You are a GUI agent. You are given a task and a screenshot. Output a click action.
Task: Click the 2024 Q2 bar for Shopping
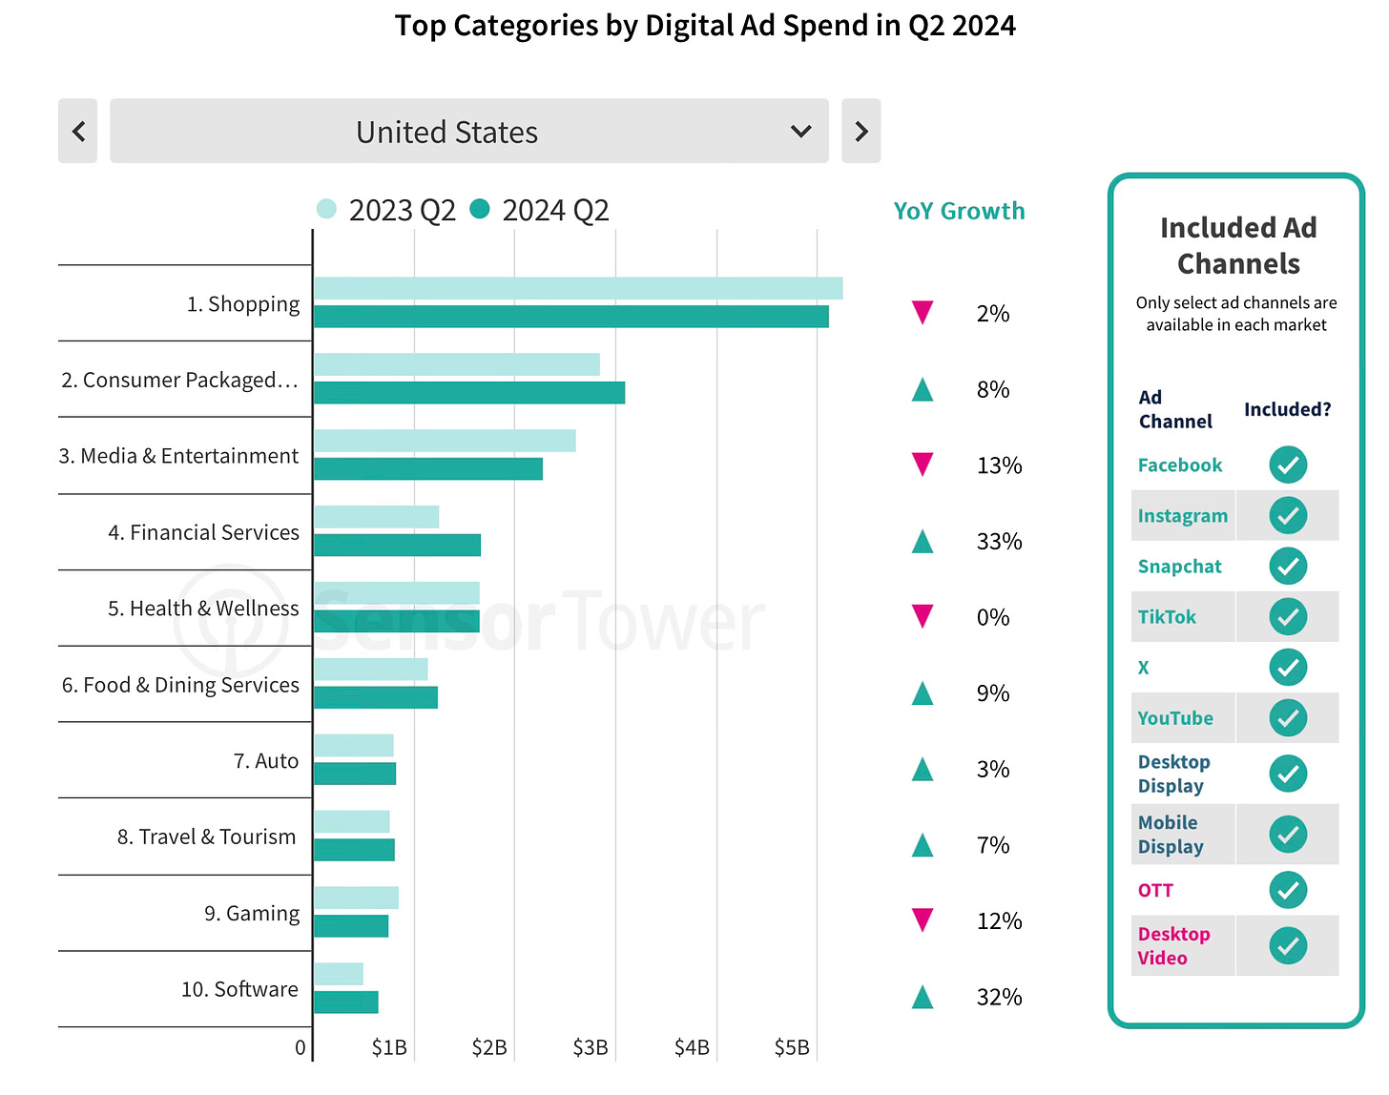[570, 317]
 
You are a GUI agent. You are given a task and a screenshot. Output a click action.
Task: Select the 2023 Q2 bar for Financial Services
[376, 517]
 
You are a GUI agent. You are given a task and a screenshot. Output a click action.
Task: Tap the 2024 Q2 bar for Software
[345, 1002]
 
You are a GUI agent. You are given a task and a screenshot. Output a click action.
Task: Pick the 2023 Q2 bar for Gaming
[356, 898]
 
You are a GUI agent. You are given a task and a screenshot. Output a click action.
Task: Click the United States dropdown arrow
[801, 132]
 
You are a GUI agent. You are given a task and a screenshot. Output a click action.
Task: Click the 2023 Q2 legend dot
[326, 209]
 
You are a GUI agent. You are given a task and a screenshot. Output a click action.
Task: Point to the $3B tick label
[591, 1047]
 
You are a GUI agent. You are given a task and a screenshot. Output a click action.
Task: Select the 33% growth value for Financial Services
[999, 542]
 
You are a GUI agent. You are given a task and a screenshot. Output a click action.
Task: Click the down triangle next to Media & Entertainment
[923, 465]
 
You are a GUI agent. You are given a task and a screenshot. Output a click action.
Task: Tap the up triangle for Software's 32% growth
[923, 998]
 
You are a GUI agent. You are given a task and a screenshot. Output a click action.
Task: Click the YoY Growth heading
[959, 211]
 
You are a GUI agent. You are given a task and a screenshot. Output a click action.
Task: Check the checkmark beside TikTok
[1288, 617]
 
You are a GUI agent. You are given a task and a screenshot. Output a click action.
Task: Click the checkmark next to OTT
[1288, 890]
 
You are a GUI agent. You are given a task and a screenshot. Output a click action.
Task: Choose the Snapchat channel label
[1179, 567]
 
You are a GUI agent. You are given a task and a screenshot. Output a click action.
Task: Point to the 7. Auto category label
[266, 761]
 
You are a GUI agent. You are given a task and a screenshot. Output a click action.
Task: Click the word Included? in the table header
[1287, 409]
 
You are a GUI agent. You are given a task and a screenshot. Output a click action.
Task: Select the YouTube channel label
[1175, 718]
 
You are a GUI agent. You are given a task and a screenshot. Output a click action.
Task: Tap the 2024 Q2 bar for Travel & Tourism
[354, 850]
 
